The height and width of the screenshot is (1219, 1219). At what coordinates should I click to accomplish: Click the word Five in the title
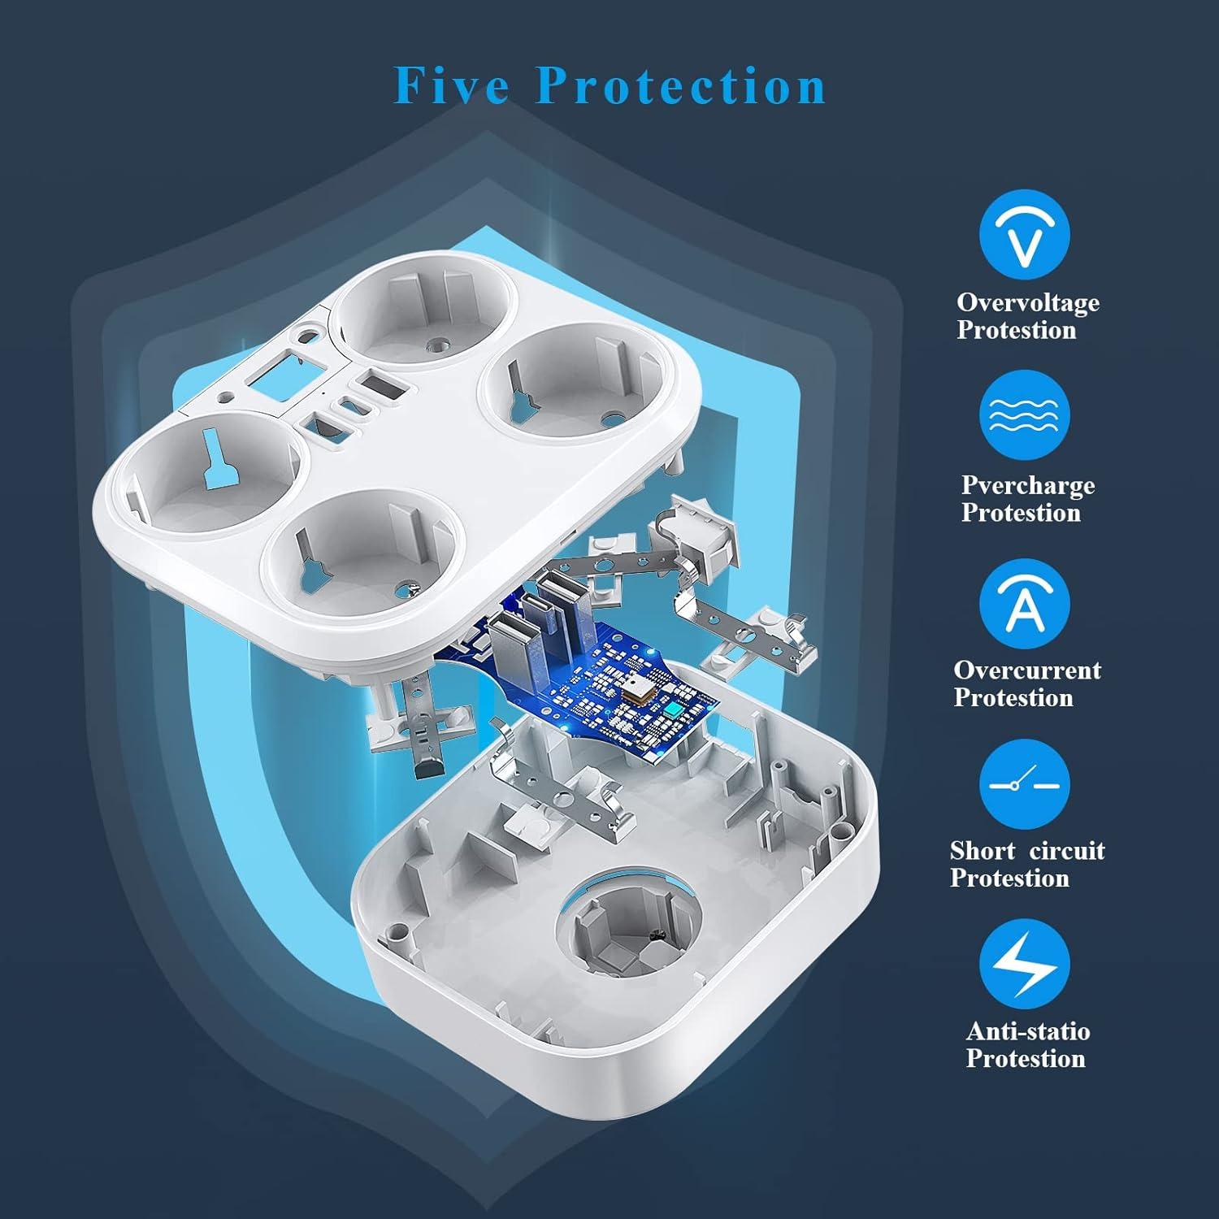(452, 85)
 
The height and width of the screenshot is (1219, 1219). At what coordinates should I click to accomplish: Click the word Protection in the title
(681, 85)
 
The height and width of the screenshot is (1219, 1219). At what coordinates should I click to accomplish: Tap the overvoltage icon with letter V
(1024, 235)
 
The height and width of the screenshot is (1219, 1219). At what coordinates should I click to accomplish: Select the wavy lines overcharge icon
(1024, 416)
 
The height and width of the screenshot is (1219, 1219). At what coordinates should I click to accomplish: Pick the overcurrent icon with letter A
(1024, 604)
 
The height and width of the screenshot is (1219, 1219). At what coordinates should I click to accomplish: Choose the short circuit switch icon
(1024, 784)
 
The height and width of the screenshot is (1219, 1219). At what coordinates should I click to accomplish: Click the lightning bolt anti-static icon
(1024, 965)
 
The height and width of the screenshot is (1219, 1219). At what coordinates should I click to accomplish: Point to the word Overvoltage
(1028, 302)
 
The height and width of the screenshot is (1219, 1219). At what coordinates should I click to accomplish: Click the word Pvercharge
(1028, 485)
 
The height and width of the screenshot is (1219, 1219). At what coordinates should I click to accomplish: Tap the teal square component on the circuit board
(674, 712)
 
